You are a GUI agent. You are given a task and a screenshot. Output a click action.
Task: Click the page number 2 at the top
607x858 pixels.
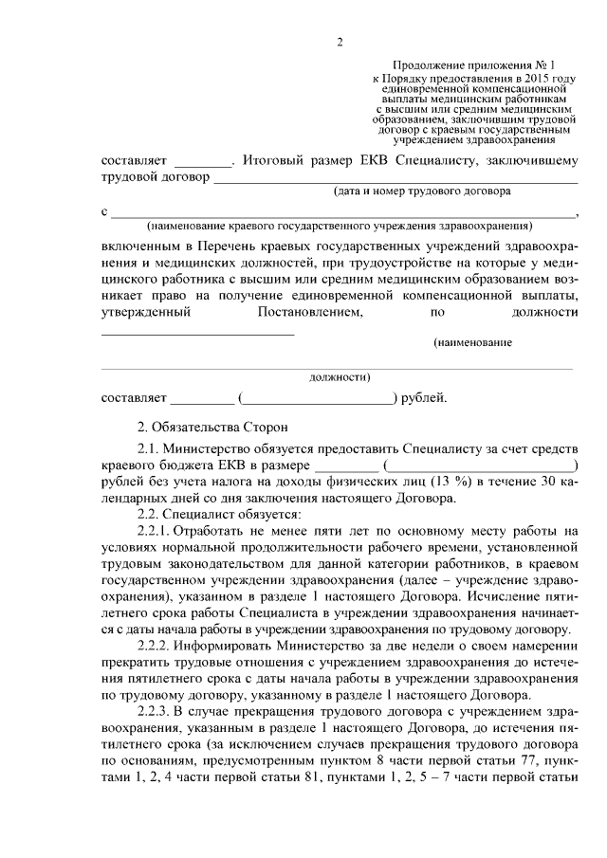339,42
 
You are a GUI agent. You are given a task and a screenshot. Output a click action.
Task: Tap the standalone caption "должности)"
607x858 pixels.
340,376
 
